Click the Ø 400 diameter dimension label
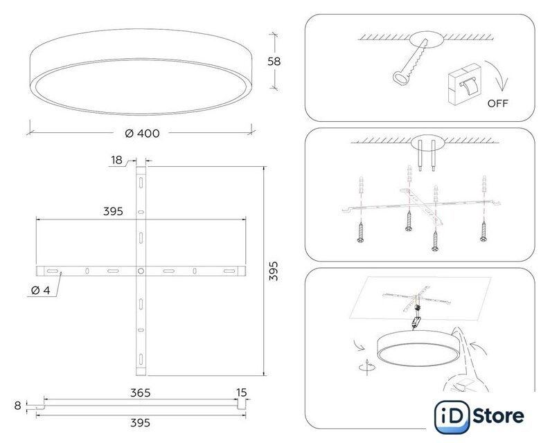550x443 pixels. point(142,133)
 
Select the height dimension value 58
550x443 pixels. point(274,62)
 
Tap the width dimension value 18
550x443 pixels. point(117,160)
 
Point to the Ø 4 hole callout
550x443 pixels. point(41,290)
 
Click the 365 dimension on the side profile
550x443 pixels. point(141,393)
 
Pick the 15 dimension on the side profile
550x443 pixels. point(242,392)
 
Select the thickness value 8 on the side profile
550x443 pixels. point(17,406)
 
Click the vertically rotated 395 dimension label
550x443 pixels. point(274,271)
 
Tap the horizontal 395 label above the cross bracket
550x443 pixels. point(113,211)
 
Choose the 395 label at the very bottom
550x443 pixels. point(141,423)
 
